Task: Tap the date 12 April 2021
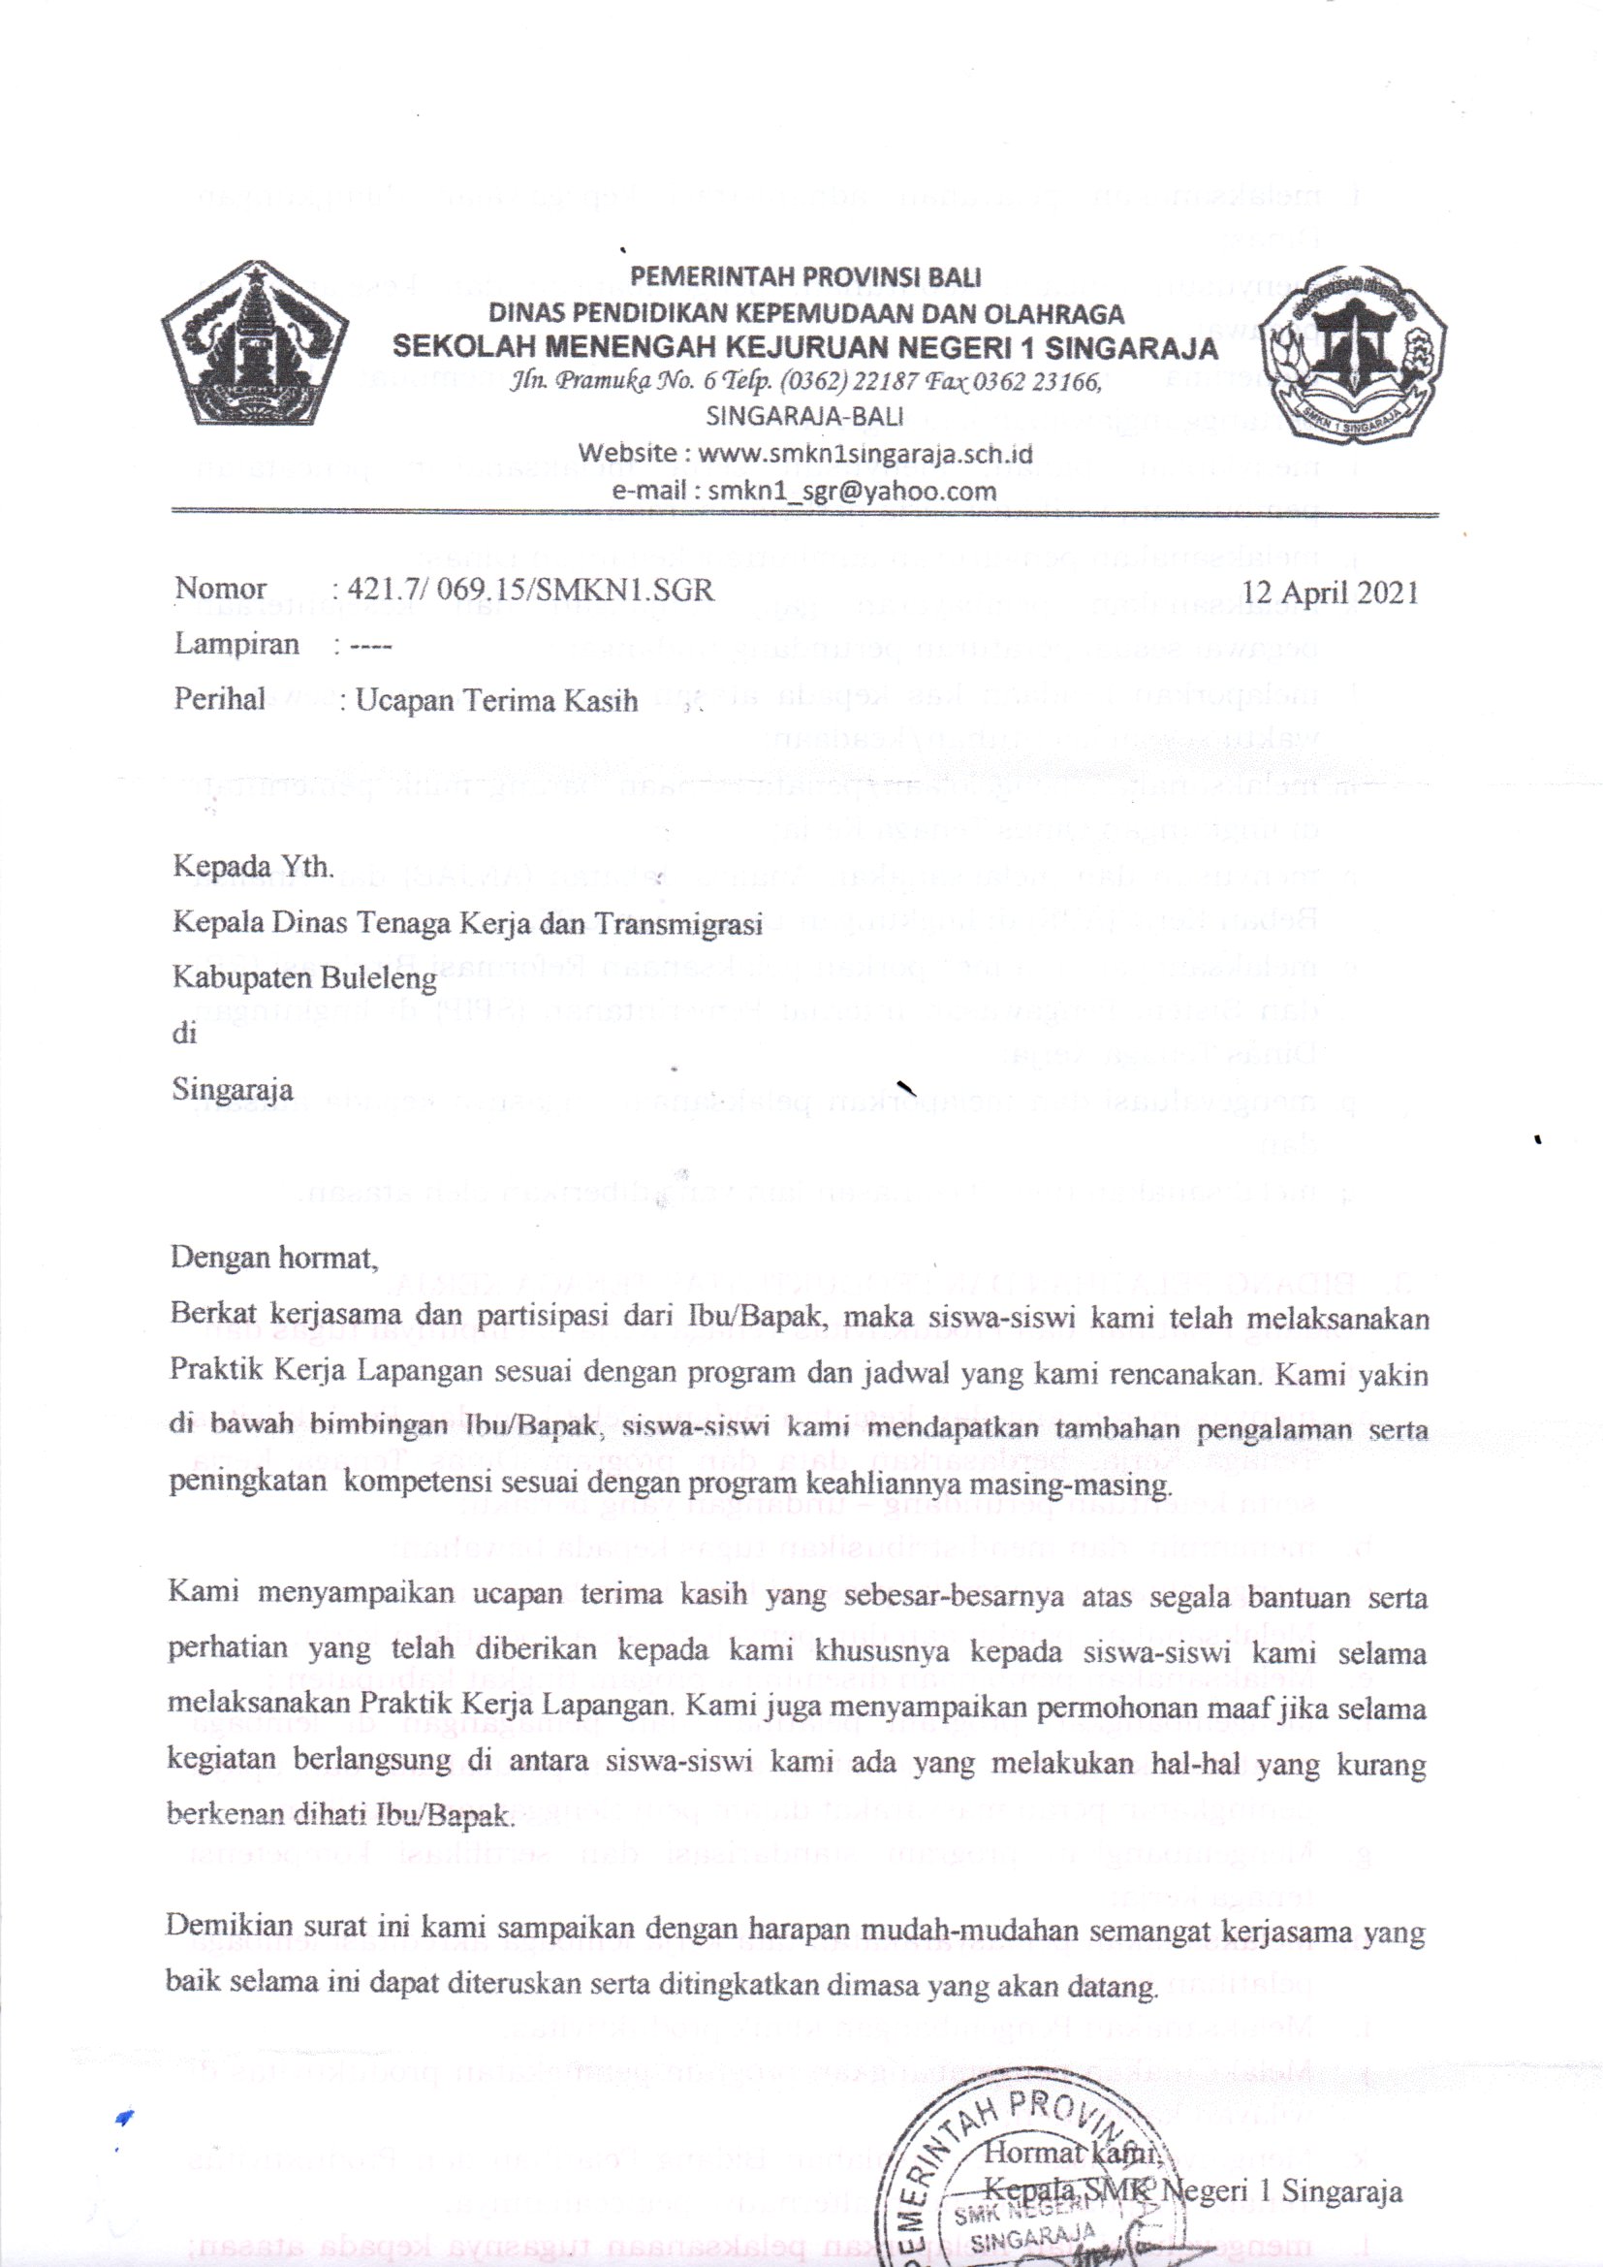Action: pyautogui.click(x=1330, y=592)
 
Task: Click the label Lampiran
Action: pyautogui.click(x=236, y=645)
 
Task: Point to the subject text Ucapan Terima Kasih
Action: pyautogui.click(x=496, y=700)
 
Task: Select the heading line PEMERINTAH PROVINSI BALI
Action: pyautogui.click(x=805, y=277)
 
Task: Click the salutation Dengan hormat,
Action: pyautogui.click(x=273, y=1258)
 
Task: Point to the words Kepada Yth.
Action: pyautogui.click(x=254, y=867)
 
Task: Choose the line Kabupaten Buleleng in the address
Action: pyautogui.click(x=304, y=978)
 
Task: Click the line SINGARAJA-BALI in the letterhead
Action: pyautogui.click(x=804, y=417)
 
